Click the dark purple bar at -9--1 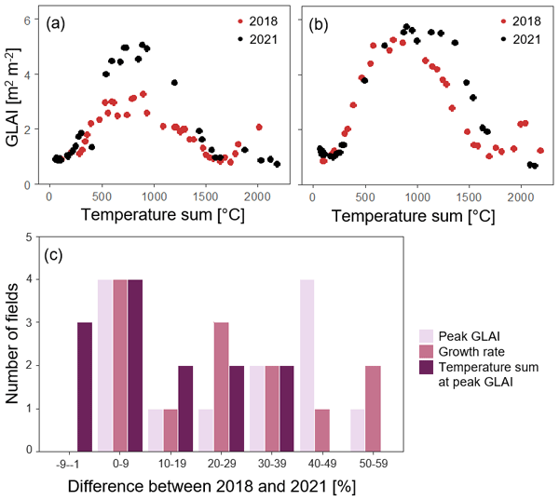coord(84,386)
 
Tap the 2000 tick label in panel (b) coord(522,196)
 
